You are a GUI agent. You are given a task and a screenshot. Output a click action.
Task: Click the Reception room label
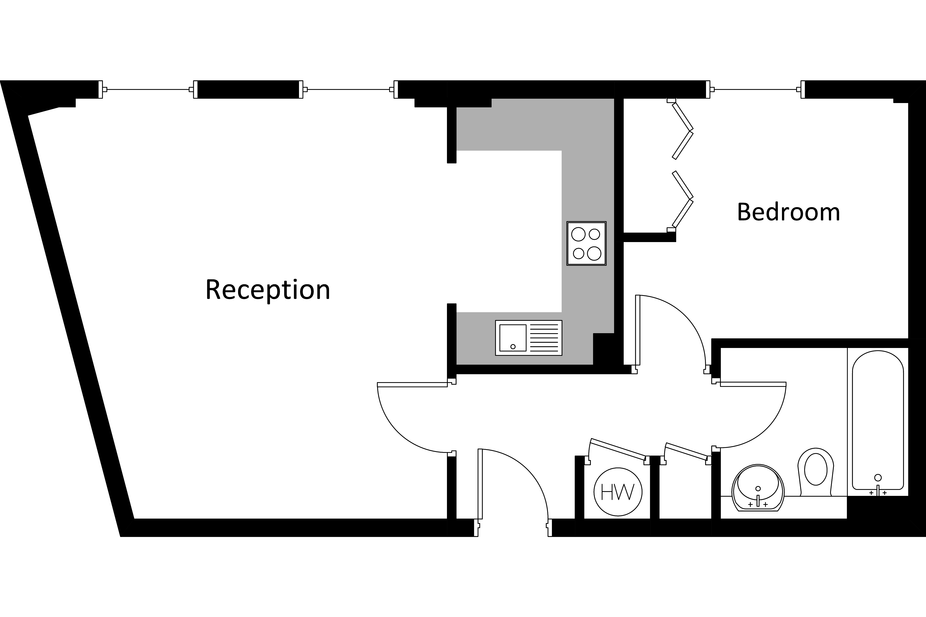tap(268, 290)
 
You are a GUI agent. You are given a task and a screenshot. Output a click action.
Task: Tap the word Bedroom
tap(788, 212)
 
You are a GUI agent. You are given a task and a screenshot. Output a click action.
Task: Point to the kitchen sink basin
tap(513, 338)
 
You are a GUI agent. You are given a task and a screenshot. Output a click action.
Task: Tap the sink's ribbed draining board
tap(544, 338)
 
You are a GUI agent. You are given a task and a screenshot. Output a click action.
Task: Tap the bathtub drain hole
tap(878, 478)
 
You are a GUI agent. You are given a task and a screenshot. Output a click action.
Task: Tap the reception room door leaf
tap(412, 384)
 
